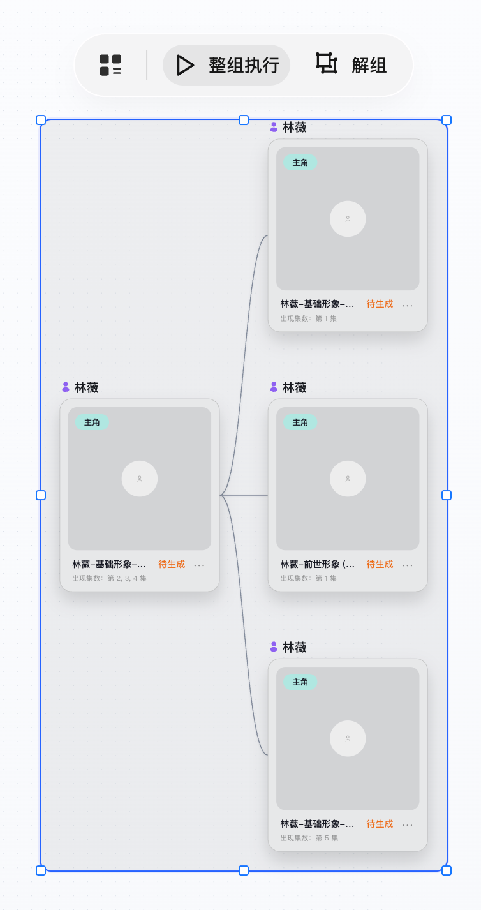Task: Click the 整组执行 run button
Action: [226, 65]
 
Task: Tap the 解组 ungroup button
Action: [352, 64]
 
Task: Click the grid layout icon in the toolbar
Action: [110, 65]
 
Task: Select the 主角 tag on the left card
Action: [92, 422]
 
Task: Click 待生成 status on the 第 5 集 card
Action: [380, 823]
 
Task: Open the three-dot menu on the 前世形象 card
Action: [407, 565]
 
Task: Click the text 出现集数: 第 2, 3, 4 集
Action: [109, 578]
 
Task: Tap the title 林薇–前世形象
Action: [317, 564]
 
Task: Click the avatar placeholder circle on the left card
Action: [139, 479]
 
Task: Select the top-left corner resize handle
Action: [41, 120]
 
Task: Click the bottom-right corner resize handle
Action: [447, 870]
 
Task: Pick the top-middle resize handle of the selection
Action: [244, 120]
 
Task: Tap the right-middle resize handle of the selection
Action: [447, 495]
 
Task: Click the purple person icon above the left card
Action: [66, 387]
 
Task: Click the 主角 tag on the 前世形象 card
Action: [300, 422]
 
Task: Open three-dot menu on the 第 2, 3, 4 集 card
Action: [199, 565]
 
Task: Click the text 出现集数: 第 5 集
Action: [309, 838]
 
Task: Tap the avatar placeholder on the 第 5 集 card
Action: [348, 738]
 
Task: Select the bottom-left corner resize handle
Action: [41, 870]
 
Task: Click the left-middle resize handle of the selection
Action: [41, 495]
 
